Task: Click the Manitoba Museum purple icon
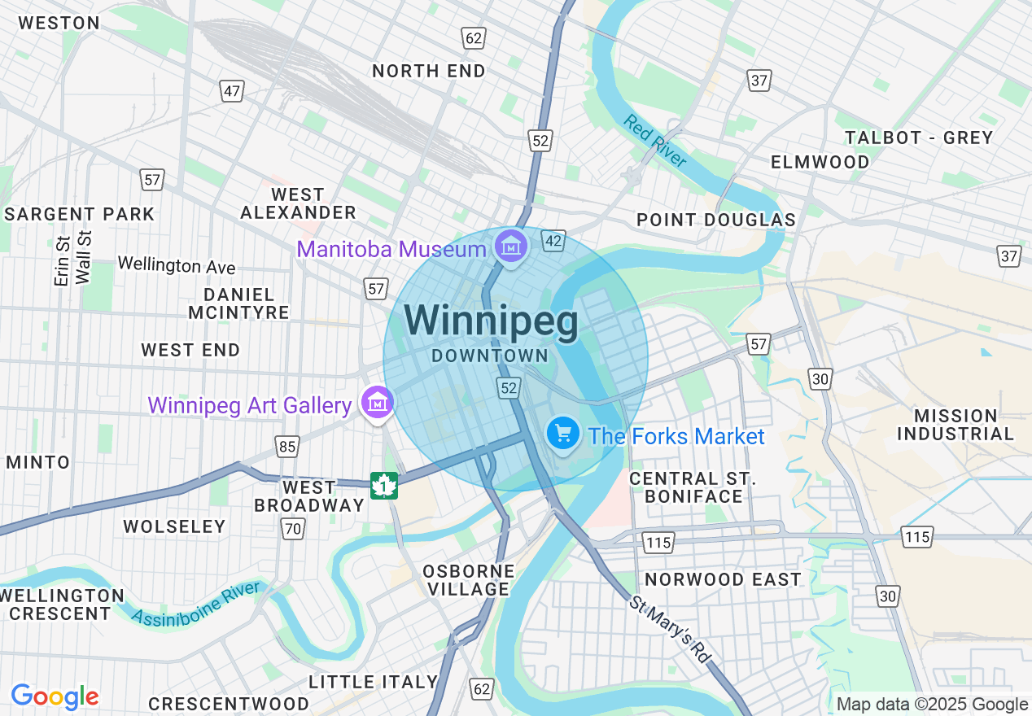[x=510, y=244]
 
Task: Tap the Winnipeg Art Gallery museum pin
[x=378, y=402]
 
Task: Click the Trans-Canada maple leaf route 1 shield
[x=383, y=486]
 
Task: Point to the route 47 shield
[x=232, y=91]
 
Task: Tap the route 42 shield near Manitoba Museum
[x=554, y=241]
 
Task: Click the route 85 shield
[x=286, y=446]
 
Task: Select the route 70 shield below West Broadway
[x=292, y=530]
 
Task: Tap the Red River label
[x=655, y=141]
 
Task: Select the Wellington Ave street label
[x=177, y=265]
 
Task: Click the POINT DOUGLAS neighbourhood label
[x=716, y=220]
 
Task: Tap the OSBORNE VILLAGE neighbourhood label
[x=469, y=580]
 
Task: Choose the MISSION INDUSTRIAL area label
[x=955, y=425]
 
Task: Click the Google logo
[x=55, y=696]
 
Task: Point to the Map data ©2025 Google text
[x=933, y=705]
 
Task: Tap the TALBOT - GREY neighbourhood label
[x=919, y=138]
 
